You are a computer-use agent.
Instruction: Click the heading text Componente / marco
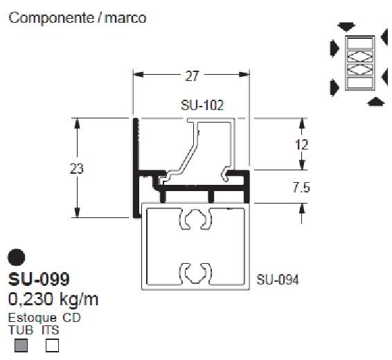77,18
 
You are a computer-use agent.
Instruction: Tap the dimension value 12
301,145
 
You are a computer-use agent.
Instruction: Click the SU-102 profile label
203,106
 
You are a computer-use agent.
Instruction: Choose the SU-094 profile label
278,280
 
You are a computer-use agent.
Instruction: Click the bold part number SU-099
39,280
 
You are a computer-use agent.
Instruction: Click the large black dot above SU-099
16,258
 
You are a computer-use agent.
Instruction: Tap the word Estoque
32,318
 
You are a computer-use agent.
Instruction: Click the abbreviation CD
72,318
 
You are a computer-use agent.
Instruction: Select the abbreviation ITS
51,330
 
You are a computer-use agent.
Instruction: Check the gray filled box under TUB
21,345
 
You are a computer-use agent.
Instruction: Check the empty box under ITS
52,345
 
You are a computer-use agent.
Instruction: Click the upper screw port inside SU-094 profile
195,219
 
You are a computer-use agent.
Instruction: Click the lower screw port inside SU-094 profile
195,271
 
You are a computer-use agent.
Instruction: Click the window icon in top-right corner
359,62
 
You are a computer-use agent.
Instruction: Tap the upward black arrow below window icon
375,102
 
